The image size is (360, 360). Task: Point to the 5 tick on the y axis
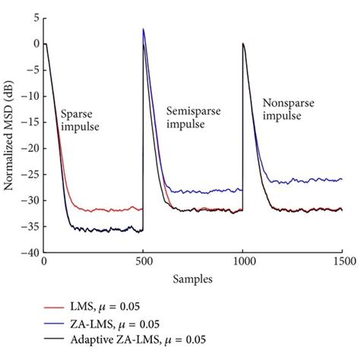[x=33, y=16]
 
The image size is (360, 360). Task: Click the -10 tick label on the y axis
[x=28, y=95]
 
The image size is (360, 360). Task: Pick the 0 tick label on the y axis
[x=33, y=43]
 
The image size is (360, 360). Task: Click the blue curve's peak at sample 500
[x=144, y=30]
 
